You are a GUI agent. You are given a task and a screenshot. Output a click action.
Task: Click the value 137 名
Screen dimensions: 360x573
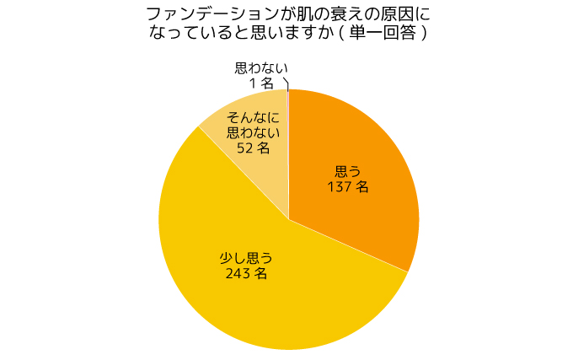point(348,187)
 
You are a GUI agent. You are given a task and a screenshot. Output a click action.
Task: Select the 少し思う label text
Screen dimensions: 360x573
point(246,257)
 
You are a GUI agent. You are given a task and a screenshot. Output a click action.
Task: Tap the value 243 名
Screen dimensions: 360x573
point(246,274)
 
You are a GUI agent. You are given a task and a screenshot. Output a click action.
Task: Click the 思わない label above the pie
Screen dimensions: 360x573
point(261,67)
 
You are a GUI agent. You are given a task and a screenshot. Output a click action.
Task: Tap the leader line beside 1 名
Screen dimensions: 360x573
point(286,83)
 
